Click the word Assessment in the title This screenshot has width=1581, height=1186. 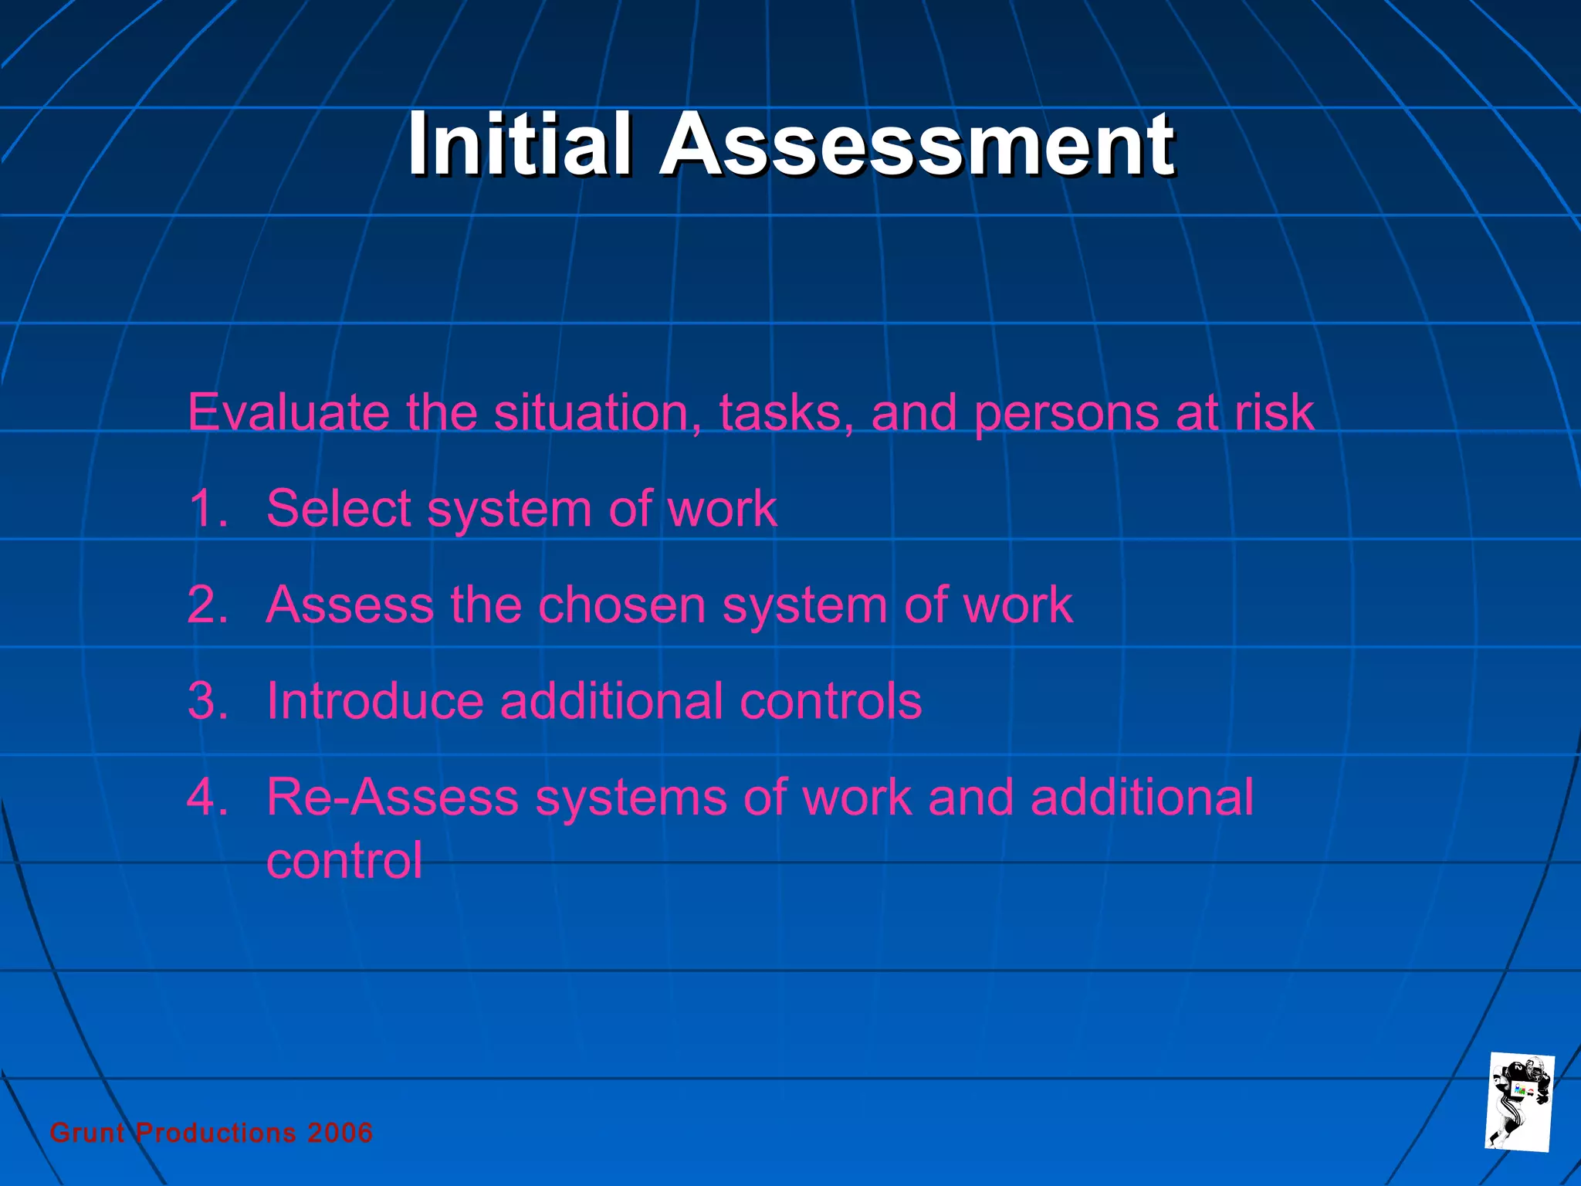pyautogui.click(x=917, y=144)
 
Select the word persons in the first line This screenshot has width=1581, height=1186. pyautogui.click(x=1065, y=413)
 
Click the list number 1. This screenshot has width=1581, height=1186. pyautogui.click(x=207, y=509)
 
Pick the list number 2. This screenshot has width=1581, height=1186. pyautogui.click(x=207, y=605)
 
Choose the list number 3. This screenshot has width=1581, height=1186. pyautogui.click(x=207, y=701)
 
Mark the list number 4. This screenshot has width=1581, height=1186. pyautogui.click(x=207, y=797)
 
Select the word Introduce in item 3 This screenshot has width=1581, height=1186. pyautogui.click(x=375, y=701)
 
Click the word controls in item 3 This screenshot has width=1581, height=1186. pyautogui.click(x=831, y=701)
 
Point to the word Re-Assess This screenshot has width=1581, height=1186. pyautogui.click(x=392, y=797)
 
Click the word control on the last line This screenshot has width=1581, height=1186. pyautogui.click(x=344, y=861)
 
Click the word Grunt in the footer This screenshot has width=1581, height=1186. pyautogui.click(x=87, y=1133)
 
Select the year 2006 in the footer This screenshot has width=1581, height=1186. pyautogui.click(x=340, y=1133)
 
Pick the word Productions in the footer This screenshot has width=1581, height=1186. pyautogui.click(x=216, y=1133)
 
